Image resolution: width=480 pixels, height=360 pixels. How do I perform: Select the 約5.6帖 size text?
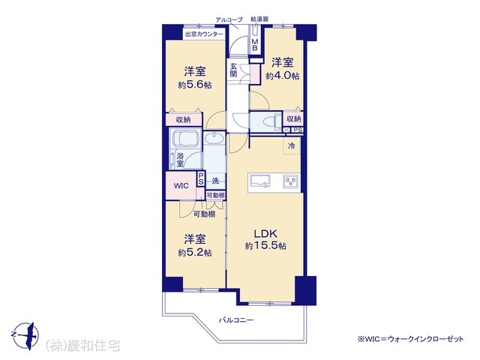point(195,85)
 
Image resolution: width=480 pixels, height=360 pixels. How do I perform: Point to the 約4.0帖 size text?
point(283,76)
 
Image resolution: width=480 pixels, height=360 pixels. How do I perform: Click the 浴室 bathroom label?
point(180,160)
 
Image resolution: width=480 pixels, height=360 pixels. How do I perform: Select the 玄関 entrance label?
point(234,70)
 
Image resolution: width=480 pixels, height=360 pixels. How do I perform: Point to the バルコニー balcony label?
point(235,320)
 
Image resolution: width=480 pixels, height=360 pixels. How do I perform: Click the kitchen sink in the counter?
point(260,181)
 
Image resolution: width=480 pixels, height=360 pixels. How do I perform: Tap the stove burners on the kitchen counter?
point(289,181)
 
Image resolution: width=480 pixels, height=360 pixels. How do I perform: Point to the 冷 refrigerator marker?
point(289,145)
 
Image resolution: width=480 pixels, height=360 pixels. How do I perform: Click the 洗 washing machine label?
point(215,181)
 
